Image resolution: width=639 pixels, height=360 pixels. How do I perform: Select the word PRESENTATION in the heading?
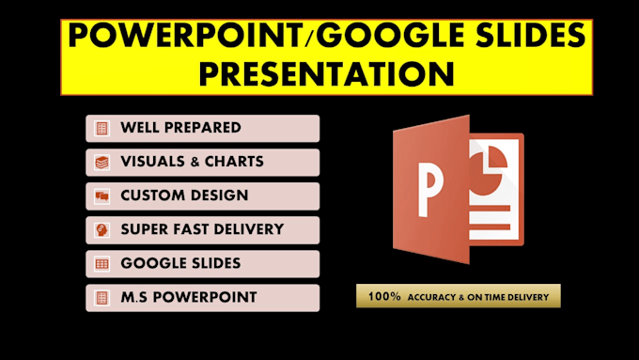pyautogui.click(x=327, y=73)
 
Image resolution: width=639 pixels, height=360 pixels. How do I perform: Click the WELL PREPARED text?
pyautogui.click(x=180, y=128)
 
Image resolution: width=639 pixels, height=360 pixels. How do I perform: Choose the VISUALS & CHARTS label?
pyautogui.click(x=192, y=162)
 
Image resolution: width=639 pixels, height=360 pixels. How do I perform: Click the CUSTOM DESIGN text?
pyautogui.click(x=184, y=196)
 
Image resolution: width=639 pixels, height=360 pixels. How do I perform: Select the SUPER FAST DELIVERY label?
pyautogui.click(x=202, y=229)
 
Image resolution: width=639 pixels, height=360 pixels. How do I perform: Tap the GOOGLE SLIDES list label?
pyautogui.click(x=180, y=263)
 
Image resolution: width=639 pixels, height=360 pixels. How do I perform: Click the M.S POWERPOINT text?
pyautogui.click(x=189, y=298)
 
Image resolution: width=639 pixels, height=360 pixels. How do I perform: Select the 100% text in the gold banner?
pyautogui.click(x=384, y=296)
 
